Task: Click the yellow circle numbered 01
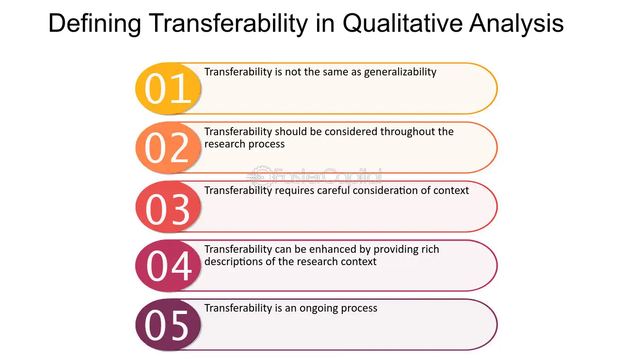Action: [168, 88]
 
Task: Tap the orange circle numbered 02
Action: [168, 148]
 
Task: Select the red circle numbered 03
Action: [168, 207]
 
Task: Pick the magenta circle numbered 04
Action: [168, 266]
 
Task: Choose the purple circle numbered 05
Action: [168, 325]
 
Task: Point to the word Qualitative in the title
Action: [402, 23]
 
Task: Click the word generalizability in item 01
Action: [400, 72]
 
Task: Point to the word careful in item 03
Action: [333, 191]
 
